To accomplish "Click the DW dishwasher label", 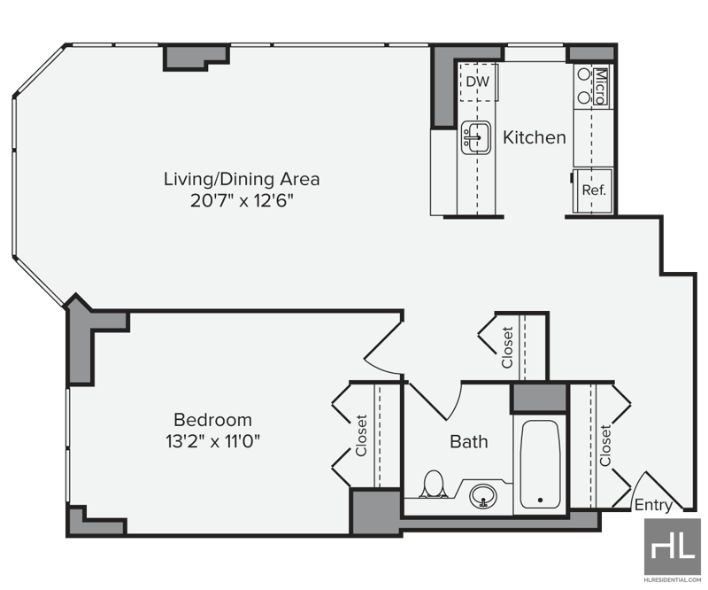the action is [x=477, y=82].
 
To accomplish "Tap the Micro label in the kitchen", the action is [x=600, y=86].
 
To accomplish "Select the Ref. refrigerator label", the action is [x=593, y=190].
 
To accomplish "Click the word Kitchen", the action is [x=535, y=137].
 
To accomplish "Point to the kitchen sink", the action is [x=476, y=137].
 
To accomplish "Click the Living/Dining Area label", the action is [x=242, y=179].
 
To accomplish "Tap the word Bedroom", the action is [x=212, y=420].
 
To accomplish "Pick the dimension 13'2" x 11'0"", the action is [x=213, y=441].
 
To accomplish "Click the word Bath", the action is [x=469, y=441].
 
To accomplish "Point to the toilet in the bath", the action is [x=434, y=484].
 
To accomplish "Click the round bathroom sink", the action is [x=483, y=497].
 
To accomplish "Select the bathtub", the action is [x=540, y=465].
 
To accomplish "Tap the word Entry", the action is [x=653, y=505].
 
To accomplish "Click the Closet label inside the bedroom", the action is [x=361, y=435].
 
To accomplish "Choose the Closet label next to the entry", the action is [x=605, y=446].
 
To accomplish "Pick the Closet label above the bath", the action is [x=507, y=347].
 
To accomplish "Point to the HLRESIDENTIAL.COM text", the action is [x=673, y=579].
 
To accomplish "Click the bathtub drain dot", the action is [x=541, y=500].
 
